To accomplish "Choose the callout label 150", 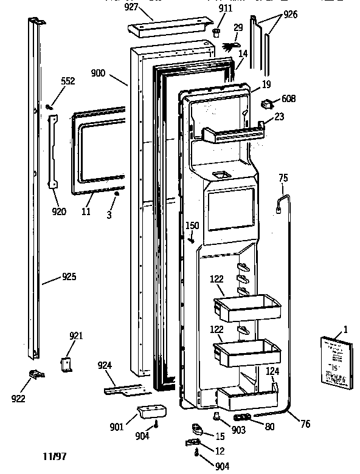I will point(192,225).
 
